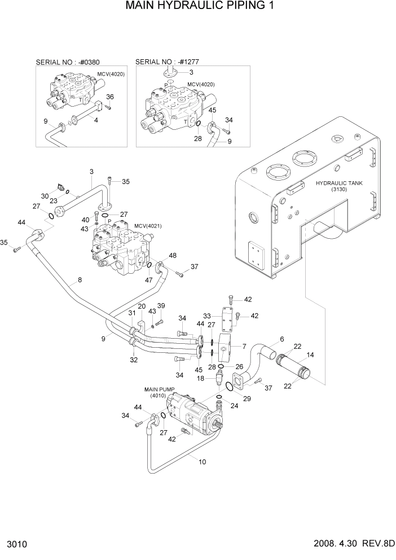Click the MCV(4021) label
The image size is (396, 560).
click(x=148, y=226)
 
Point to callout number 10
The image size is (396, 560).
click(x=202, y=461)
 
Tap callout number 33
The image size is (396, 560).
click(x=207, y=316)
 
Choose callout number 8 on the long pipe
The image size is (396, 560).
click(x=80, y=279)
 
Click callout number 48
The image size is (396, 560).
click(x=173, y=255)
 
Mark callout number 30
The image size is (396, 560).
click(x=45, y=195)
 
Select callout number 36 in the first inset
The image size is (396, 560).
click(x=110, y=97)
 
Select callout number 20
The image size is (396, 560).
click(x=142, y=307)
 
